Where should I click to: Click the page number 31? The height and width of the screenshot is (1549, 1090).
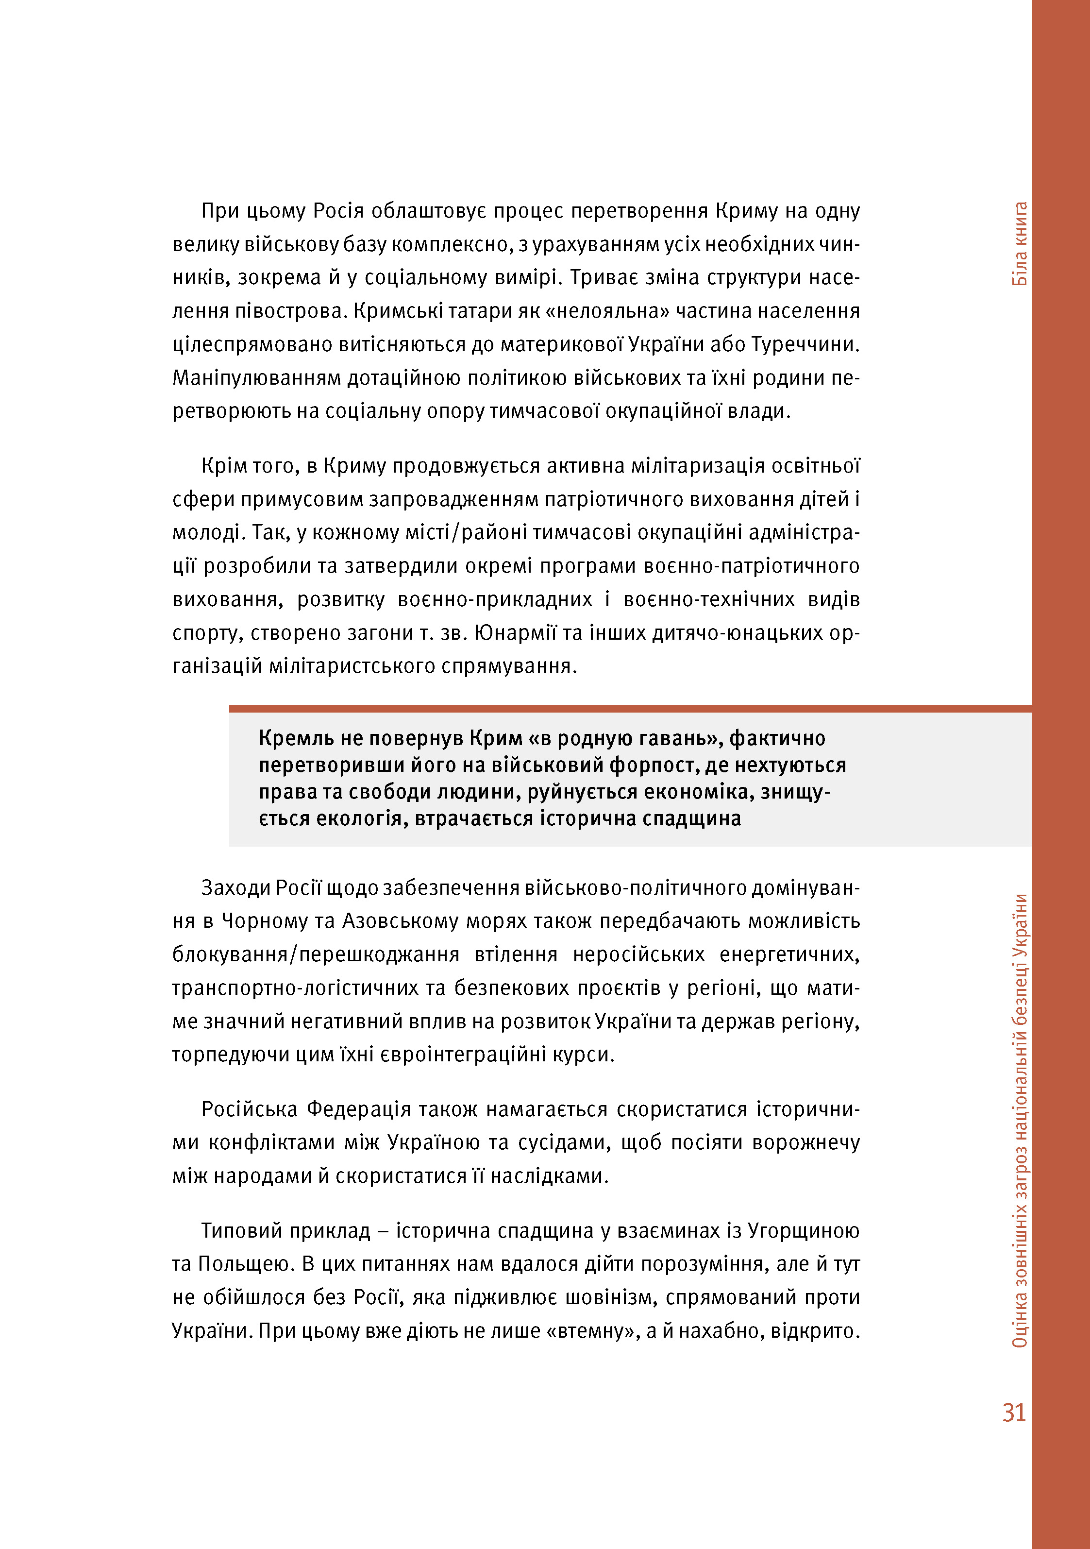(1013, 1412)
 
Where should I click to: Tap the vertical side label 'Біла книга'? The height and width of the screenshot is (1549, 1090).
(1020, 243)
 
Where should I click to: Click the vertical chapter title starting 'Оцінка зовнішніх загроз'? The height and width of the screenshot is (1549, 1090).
(1020, 1121)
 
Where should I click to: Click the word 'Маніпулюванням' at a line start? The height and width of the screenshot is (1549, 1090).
(256, 378)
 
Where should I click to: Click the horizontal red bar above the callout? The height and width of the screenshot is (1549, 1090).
(630, 708)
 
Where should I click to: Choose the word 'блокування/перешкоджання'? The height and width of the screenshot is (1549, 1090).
(316, 954)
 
